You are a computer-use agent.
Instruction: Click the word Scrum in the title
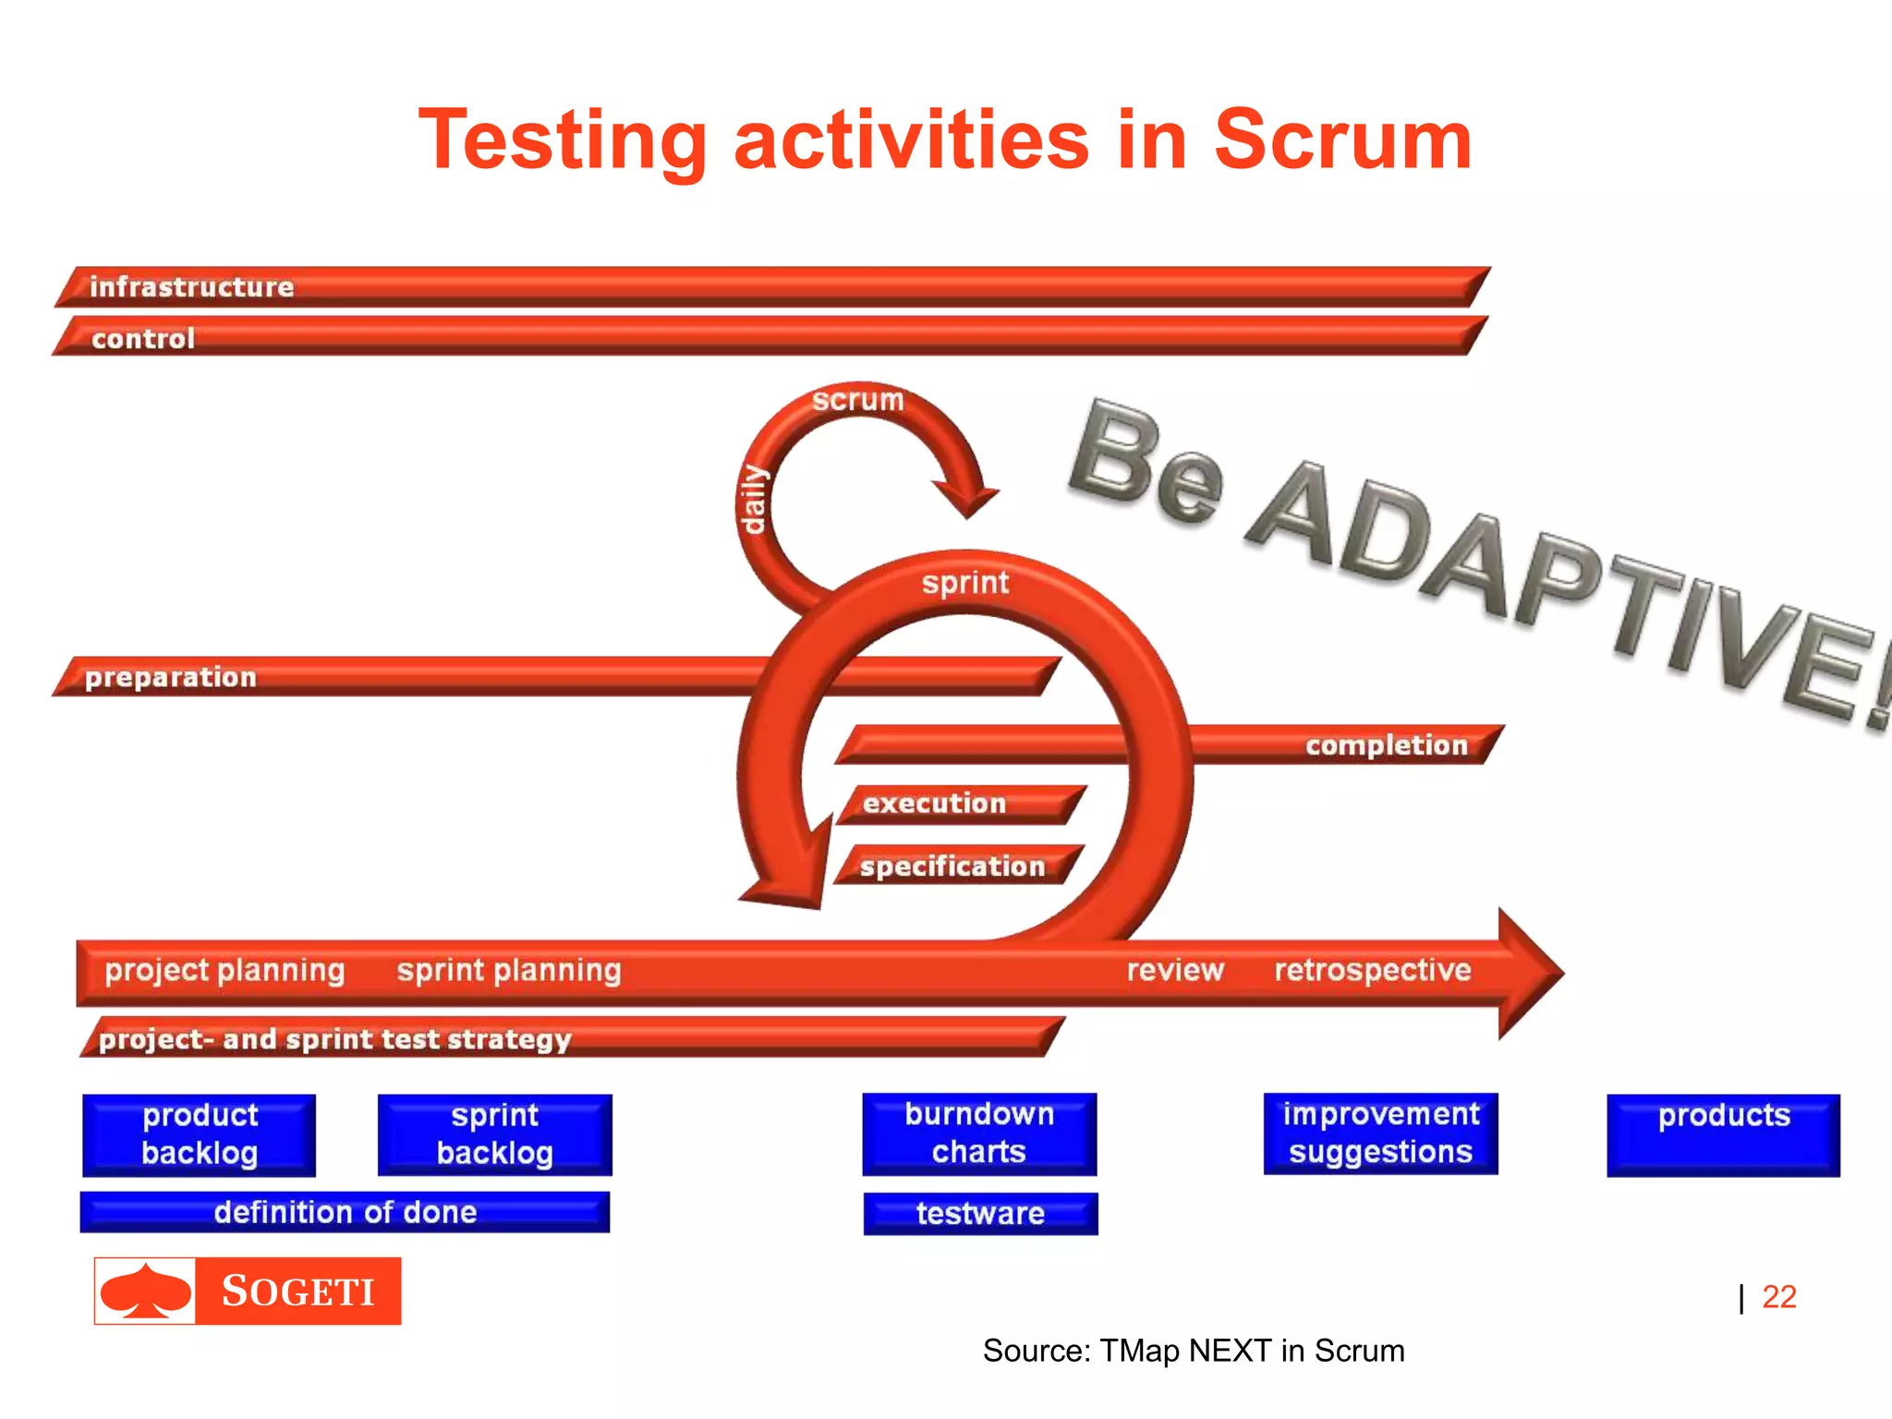(x=1341, y=140)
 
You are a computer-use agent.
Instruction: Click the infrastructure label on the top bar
(x=191, y=287)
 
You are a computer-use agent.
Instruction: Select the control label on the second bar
(x=143, y=339)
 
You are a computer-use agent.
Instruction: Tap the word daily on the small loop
(x=754, y=500)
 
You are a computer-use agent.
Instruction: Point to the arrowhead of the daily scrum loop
(x=968, y=500)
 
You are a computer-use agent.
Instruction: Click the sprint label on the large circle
(x=965, y=583)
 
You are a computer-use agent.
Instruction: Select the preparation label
(x=171, y=677)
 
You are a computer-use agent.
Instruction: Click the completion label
(x=1386, y=746)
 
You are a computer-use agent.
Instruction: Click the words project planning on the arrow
(x=224, y=970)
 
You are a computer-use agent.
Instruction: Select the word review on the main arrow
(x=1175, y=970)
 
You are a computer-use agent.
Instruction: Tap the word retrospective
(x=1373, y=970)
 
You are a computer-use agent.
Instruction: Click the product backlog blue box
(x=200, y=1134)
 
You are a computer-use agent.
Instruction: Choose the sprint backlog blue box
(x=495, y=1134)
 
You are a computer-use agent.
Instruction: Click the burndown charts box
(x=979, y=1134)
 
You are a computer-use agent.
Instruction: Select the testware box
(x=980, y=1213)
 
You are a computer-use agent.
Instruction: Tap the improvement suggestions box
(x=1380, y=1134)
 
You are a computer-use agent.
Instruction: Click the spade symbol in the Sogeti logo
(x=146, y=1291)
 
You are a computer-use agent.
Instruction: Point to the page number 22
(x=1778, y=1297)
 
